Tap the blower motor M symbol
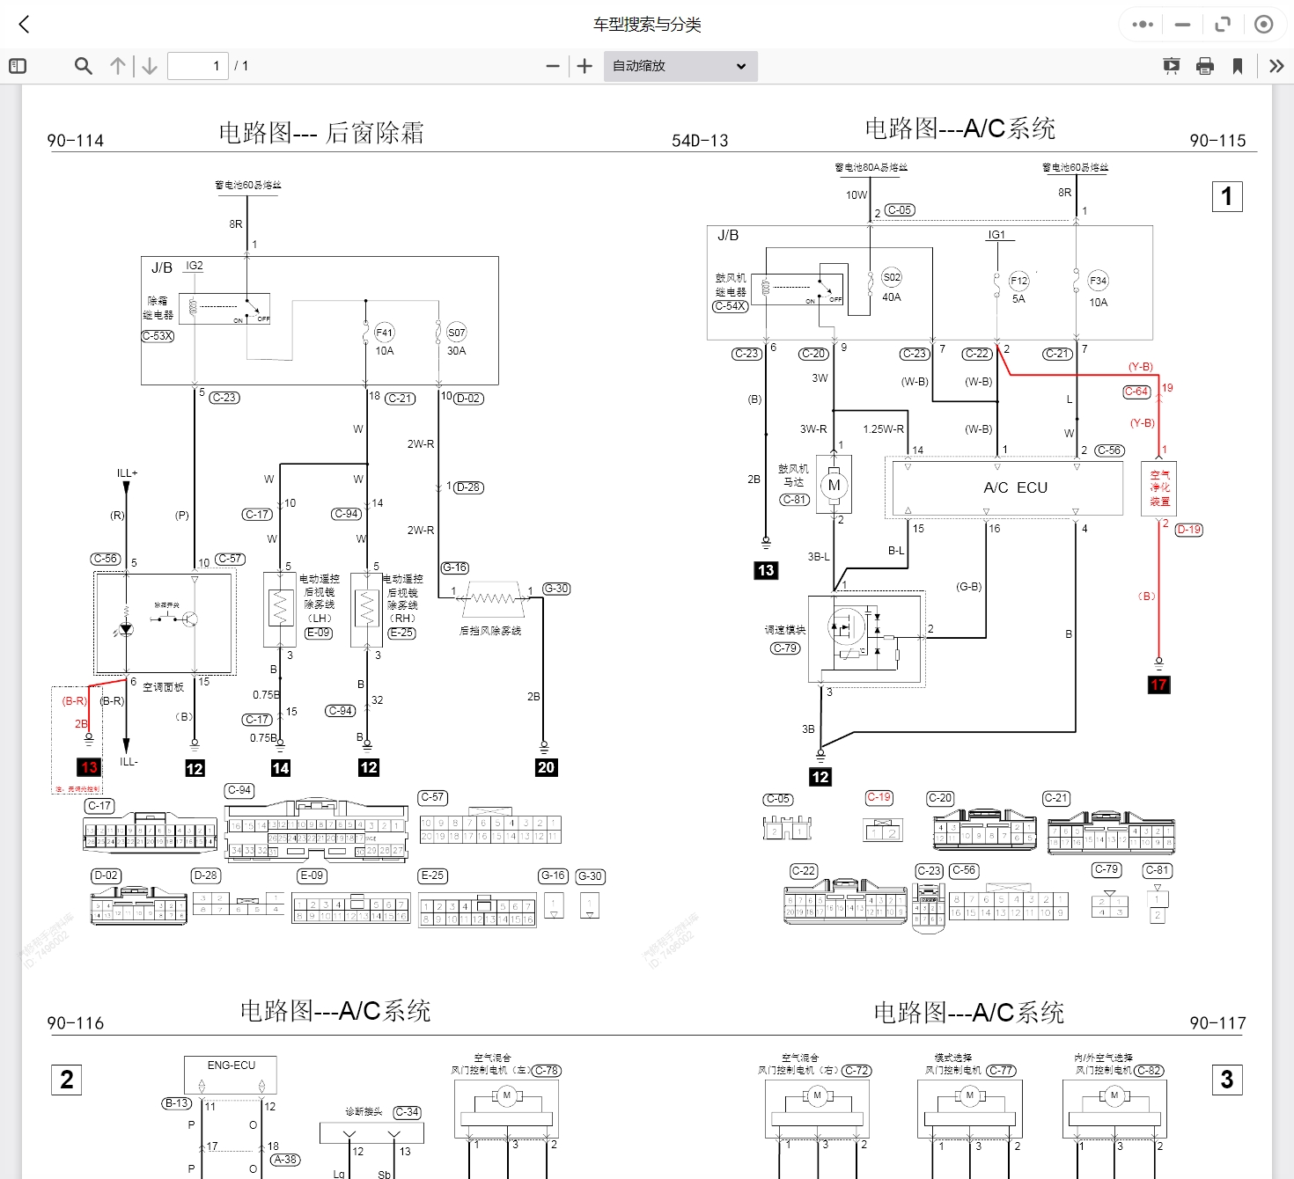tap(834, 485)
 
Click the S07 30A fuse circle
tap(456, 333)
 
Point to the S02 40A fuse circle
tap(892, 277)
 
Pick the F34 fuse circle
tap(1098, 281)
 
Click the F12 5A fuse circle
tap(1018, 281)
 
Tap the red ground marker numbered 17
tap(1158, 685)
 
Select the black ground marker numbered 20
tap(546, 767)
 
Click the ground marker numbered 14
tap(281, 768)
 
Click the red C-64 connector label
tap(1136, 392)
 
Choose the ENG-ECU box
tap(231, 1074)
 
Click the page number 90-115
tap(1217, 141)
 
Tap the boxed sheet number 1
tap(1226, 196)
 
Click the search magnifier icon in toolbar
tap(84, 66)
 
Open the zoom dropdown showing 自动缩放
tap(680, 66)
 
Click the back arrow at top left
tap(25, 25)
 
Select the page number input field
tap(198, 66)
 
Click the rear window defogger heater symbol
tap(491, 598)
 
